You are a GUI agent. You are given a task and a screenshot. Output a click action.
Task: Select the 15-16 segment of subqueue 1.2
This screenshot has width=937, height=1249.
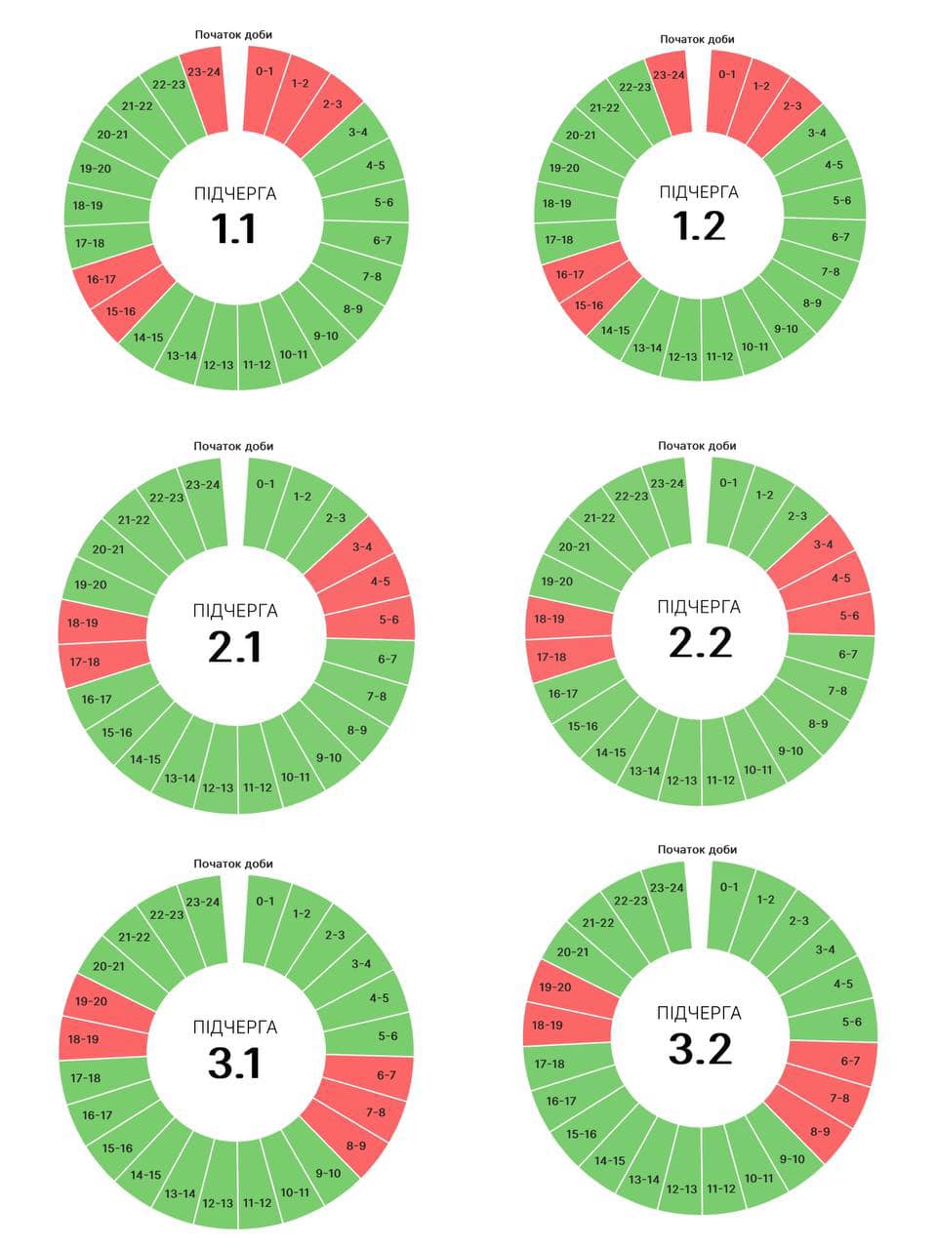click(589, 305)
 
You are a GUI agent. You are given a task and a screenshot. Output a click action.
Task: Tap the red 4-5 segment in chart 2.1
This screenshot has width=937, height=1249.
click(380, 582)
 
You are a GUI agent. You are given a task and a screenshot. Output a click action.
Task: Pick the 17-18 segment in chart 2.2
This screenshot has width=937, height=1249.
click(551, 657)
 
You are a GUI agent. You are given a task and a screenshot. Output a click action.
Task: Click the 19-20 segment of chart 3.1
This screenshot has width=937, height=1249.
click(91, 1002)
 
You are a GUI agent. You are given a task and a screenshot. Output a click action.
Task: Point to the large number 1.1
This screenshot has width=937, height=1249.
click(234, 228)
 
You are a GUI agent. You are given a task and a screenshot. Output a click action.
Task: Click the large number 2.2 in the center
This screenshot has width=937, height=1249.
click(700, 642)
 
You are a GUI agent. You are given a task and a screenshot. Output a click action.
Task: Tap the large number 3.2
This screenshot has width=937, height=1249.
click(700, 1049)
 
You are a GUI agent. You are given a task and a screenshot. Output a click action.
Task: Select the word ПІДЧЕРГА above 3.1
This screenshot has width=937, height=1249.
click(235, 1027)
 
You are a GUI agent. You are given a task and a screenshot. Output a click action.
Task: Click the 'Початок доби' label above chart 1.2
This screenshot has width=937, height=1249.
click(697, 39)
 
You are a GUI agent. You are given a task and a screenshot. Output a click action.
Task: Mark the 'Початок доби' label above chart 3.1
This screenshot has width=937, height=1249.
click(233, 864)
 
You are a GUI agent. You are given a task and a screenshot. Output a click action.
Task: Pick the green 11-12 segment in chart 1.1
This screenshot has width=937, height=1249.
click(257, 365)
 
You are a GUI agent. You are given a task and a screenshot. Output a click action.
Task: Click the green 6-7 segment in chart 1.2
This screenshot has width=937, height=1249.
click(840, 237)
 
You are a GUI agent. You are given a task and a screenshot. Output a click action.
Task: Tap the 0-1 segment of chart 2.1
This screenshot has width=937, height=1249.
click(265, 484)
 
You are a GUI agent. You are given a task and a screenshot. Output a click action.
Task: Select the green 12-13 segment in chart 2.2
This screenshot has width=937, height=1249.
click(681, 781)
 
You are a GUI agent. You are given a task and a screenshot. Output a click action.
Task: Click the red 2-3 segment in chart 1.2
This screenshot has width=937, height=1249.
click(792, 106)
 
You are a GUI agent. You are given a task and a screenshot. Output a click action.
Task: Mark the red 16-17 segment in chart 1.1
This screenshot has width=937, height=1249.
click(102, 279)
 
